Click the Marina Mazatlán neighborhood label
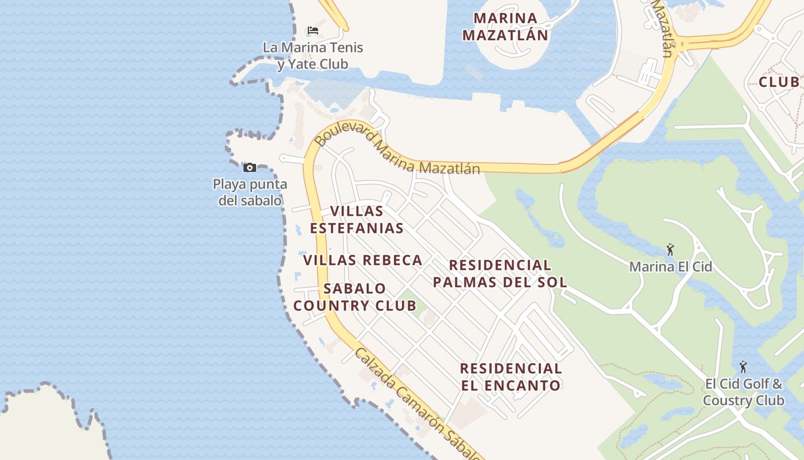505,26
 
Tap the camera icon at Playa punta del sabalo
250,167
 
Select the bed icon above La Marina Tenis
313,30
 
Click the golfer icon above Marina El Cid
670,250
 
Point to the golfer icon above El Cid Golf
743,366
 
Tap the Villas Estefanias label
357,220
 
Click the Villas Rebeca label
363,260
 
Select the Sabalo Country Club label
355,297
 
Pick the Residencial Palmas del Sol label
500,273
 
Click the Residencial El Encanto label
511,377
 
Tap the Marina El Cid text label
670,267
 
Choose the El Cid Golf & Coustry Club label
743,392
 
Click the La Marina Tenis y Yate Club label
313,56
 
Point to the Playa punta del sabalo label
250,192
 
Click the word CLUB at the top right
779,82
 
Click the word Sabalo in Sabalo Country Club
355,289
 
